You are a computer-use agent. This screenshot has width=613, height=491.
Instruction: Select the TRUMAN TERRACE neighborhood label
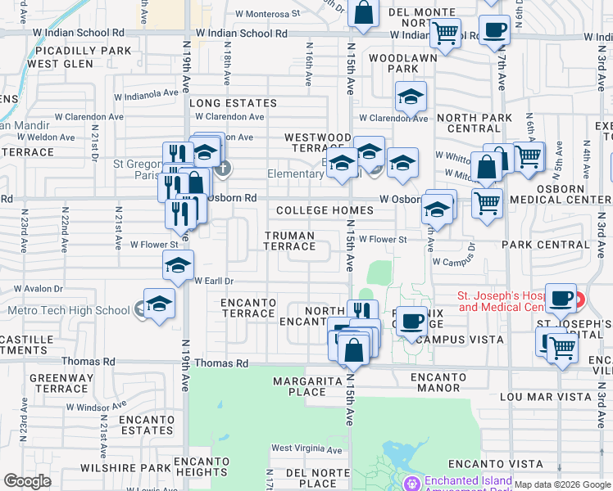click(289, 241)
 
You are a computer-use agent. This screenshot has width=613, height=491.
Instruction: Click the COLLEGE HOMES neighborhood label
click(325, 210)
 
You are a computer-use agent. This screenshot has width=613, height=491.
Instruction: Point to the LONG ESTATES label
click(234, 103)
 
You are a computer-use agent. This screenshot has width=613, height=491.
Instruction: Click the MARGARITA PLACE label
click(300, 386)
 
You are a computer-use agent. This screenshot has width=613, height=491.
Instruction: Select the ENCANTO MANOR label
click(442, 383)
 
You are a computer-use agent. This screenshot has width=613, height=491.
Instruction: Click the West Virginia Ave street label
click(306, 449)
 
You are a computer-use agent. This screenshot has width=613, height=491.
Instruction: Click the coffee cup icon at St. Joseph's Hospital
click(561, 299)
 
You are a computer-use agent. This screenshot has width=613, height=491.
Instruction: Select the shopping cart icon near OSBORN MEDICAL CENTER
click(488, 200)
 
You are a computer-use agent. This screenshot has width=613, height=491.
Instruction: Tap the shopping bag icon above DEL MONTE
click(362, 13)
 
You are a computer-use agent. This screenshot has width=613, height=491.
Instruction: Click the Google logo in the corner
click(27, 481)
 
